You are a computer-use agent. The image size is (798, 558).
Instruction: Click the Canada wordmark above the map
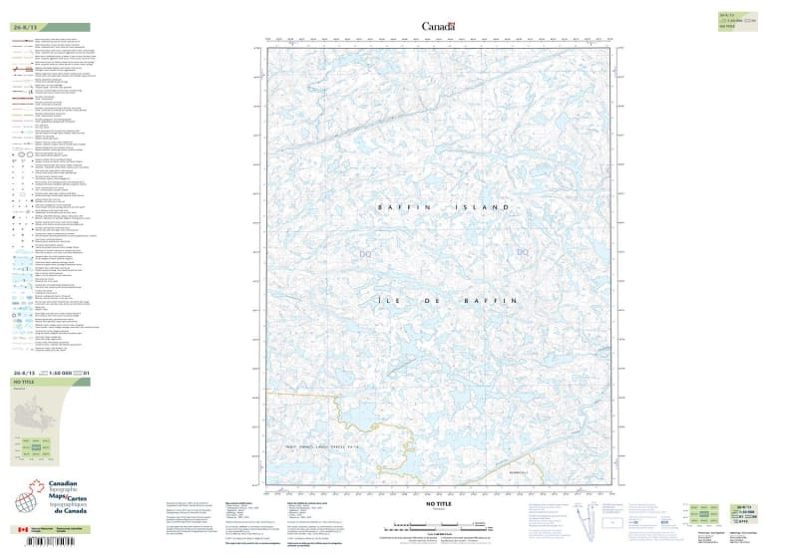pos(438,26)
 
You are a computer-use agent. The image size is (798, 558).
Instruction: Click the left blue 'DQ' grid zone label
pos(365,255)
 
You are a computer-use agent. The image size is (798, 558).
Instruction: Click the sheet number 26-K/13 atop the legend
pos(24,28)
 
